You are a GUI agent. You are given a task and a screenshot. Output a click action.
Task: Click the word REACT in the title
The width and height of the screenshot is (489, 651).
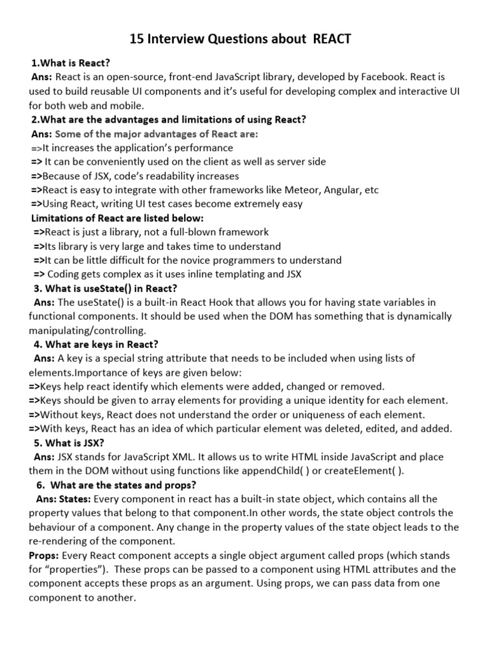[x=332, y=39]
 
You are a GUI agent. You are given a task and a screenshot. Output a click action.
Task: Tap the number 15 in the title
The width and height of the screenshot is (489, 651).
[x=137, y=39]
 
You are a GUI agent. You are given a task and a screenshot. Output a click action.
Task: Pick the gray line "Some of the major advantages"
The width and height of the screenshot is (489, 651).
[x=157, y=134]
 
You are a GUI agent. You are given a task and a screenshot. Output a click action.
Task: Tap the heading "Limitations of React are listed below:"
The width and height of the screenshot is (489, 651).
[x=118, y=218]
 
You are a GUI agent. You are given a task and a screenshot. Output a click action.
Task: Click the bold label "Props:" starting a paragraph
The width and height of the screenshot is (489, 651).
[x=44, y=554]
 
